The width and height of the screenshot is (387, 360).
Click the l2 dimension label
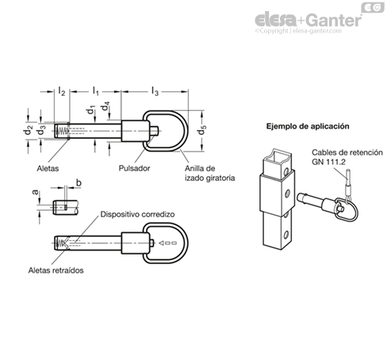tap(61, 91)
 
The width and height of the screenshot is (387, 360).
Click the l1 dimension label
tap(95, 91)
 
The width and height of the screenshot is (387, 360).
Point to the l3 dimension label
tap(155, 91)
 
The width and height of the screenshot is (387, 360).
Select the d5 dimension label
tap(202, 130)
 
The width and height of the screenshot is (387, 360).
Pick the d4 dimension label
tap(105, 106)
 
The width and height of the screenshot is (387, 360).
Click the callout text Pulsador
tap(134, 168)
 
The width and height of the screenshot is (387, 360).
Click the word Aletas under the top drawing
tap(48, 168)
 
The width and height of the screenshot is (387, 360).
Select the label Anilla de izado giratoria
tap(209, 173)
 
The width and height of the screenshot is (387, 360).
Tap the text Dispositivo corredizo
tap(137, 214)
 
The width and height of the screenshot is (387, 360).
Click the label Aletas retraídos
tap(56, 270)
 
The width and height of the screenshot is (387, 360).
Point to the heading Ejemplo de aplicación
tap(308, 126)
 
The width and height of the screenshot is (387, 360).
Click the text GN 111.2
tap(328, 162)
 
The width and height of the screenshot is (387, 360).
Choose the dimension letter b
tap(79, 182)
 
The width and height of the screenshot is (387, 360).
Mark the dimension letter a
tap(35, 192)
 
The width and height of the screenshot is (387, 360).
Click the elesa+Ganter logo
tap(308, 20)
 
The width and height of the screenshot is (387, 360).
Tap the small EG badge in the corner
tap(373, 7)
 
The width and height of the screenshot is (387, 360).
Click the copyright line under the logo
tap(298, 31)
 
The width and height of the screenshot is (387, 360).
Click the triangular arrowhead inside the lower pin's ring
tap(162, 243)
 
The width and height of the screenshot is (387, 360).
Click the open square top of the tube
tap(278, 156)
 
